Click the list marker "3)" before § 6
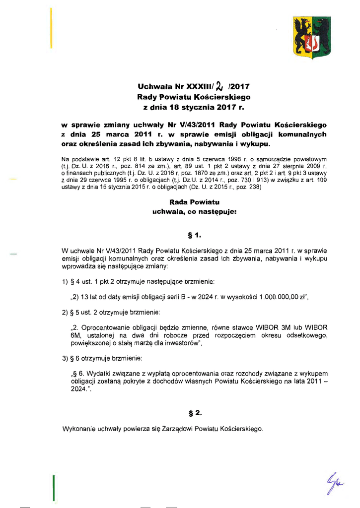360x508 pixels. [x=65, y=358]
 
